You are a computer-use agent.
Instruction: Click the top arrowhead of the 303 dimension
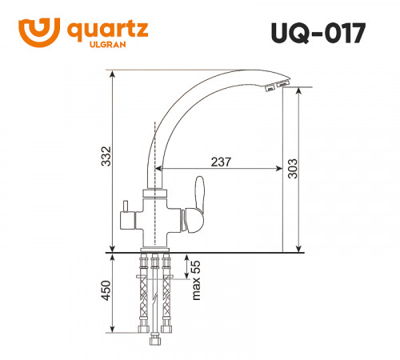298,92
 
